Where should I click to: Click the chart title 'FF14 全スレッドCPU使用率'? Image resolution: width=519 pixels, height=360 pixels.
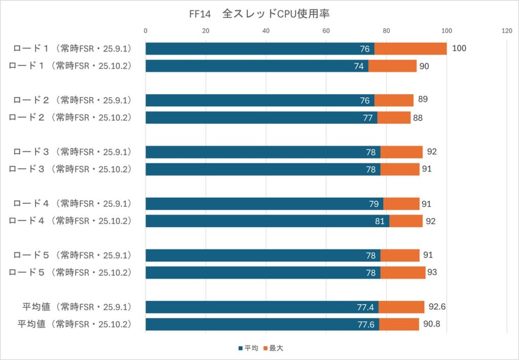[x=259, y=14]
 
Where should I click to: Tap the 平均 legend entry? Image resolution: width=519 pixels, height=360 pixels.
[x=248, y=348]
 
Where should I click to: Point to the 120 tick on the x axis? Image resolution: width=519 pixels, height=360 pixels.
[x=507, y=31]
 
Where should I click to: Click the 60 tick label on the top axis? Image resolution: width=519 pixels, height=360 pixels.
[x=326, y=31]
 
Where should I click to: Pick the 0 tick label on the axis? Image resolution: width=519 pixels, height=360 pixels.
[x=146, y=31]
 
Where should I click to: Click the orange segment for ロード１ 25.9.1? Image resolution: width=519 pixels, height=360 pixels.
[x=411, y=49]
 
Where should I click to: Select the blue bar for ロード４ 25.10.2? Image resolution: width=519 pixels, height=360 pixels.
[x=267, y=221]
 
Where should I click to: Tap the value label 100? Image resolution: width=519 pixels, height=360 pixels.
[x=459, y=49]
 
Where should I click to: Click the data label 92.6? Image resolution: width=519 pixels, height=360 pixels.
[x=436, y=307]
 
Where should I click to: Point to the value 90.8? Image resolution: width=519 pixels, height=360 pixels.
[x=431, y=324]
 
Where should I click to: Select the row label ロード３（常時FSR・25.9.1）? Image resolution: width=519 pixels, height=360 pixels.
[x=70, y=152]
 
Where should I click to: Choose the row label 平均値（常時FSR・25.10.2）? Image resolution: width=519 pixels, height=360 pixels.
[x=75, y=324]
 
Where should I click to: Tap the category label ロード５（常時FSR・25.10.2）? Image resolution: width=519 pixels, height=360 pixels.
[x=70, y=272]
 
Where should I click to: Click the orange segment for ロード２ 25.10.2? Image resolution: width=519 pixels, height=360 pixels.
[x=394, y=118]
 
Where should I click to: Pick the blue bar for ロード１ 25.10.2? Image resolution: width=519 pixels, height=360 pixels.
[x=257, y=66]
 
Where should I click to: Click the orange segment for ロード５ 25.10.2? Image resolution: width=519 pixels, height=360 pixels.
[x=403, y=272]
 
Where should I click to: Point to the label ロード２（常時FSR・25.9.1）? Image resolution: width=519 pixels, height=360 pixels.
[x=70, y=100]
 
